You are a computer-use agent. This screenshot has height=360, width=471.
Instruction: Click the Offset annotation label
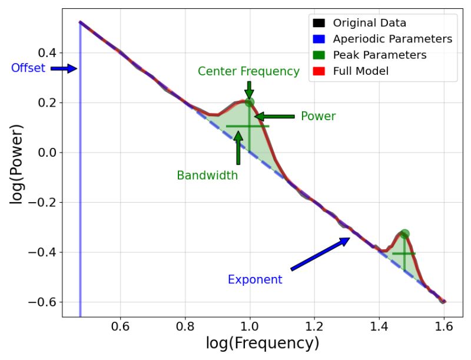(x=28, y=68)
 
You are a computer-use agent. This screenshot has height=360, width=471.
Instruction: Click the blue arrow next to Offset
(x=64, y=68)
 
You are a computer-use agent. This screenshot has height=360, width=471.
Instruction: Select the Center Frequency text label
(x=248, y=71)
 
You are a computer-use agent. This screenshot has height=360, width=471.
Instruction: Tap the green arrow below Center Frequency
(x=249, y=90)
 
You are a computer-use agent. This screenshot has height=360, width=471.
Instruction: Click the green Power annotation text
(x=318, y=116)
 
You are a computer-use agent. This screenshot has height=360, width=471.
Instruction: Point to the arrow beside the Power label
(x=274, y=117)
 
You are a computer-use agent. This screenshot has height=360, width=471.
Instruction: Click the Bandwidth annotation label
(x=207, y=175)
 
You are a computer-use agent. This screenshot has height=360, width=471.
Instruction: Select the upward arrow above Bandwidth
(x=238, y=147)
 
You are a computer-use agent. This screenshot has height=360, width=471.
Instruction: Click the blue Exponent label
(x=255, y=279)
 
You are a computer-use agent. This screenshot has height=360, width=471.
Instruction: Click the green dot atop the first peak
(x=250, y=102)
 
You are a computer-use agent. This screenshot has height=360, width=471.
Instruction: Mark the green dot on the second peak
(x=404, y=234)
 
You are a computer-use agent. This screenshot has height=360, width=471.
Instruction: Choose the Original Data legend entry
(x=369, y=24)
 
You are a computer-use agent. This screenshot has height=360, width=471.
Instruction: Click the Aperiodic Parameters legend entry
(x=392, y=39)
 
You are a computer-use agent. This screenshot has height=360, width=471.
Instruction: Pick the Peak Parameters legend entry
(x=379, y=55)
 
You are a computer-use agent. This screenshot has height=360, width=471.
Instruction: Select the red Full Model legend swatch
(x=319, y=71)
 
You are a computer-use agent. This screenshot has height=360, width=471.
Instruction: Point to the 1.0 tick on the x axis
(x=250, y=325)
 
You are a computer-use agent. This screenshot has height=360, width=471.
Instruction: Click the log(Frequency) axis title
(x=263, y=344)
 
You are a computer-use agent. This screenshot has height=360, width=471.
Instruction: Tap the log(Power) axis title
(x=16, y=164)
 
